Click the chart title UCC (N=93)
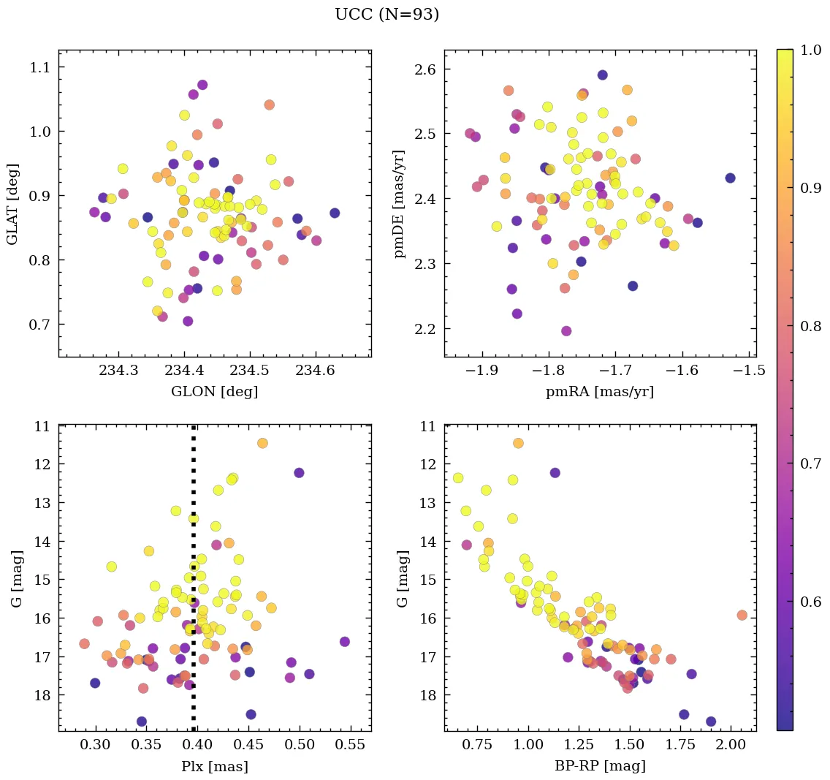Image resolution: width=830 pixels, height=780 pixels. (x=387, y=15)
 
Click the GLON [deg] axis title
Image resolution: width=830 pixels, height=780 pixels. (x=214, y=392)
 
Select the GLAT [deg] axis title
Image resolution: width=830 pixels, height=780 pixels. (x=12, y=204)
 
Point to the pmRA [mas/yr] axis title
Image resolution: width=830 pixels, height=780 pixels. (x=599, y=392)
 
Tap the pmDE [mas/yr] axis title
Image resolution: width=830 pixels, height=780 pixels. (x=399, y=204)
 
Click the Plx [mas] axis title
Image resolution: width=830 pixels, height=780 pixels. (x=214, y=767)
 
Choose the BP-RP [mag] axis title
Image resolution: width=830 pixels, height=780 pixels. (x=599, y=767)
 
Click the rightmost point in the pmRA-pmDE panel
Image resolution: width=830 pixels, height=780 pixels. (x=730, y=178)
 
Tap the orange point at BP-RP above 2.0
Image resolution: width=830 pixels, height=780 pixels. (x=742, y=615)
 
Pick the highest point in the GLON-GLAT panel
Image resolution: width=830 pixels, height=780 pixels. (x=202, y=85)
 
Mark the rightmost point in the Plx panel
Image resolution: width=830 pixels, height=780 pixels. (x=345, y=641)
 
